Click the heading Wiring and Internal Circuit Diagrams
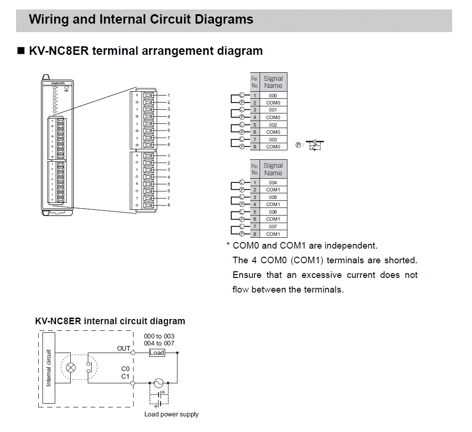click(141, 19)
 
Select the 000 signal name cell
click(273, 95)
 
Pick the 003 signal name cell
click(273, 139)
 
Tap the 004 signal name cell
click(273, 182)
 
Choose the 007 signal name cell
click(273, 226)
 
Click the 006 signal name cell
click(273, 212)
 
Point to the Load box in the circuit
click(157, 353)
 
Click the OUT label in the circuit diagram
click(124, 348)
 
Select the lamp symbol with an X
click(71, 368)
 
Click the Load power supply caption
click(171, 415)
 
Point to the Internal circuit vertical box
click(49, 368)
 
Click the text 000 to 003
click(159, 336)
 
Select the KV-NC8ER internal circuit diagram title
click(110, 321)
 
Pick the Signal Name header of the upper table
click(273, 82)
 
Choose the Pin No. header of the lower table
click(254, 169)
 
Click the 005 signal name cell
click(273, 197)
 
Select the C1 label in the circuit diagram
click(125, 376)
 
